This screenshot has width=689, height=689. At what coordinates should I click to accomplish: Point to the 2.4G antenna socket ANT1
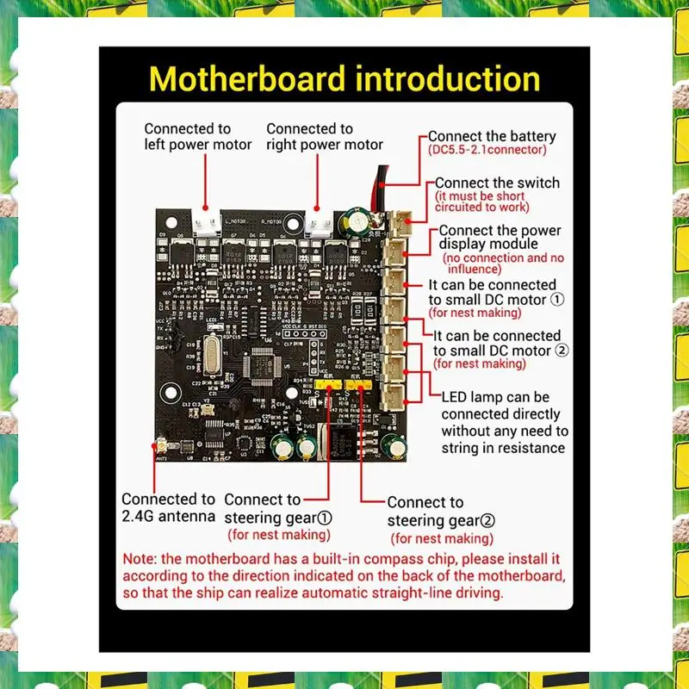pyautogui.click(x=161, y=447)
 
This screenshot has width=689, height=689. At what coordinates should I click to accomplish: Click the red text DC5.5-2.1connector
pyautogui.click(x=487, y=150)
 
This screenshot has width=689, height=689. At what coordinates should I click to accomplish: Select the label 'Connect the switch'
pyautogui.click(x=497, y=183)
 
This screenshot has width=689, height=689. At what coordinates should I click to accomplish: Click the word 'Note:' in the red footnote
pyautogui.click(x=141, y=558)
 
